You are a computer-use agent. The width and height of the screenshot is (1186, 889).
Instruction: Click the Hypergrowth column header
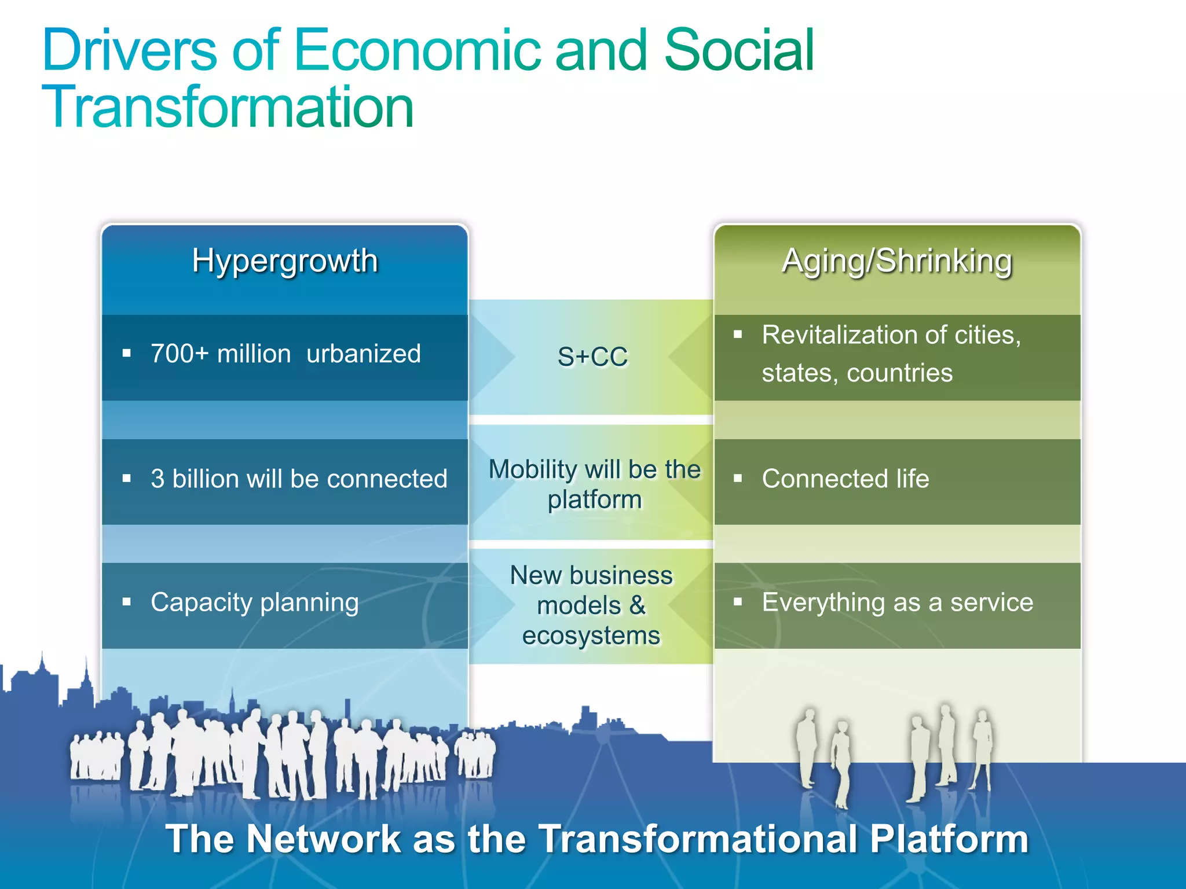[x=284, y=261]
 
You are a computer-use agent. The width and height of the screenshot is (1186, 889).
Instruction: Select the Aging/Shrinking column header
[x=897, y=261]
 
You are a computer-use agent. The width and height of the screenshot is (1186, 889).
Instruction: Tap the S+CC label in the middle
[x=592, y=357]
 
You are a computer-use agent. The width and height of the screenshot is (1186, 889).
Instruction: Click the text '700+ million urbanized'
[x=285, y=354]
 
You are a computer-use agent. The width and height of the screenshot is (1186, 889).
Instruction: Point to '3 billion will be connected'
[x=299, y=479]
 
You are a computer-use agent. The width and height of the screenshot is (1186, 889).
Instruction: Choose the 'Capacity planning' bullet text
[x=255, y=603]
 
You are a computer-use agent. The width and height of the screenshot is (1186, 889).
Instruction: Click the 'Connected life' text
[x=845, y=479]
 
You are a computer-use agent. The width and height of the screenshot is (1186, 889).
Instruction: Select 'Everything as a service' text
[x=898, y=603]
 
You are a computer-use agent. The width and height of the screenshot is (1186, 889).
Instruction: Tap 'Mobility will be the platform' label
[x=595, y=484]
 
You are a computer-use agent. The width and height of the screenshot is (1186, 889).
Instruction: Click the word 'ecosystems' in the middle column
[x=591, y=635]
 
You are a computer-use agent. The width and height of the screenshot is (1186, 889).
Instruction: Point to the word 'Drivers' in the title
[x=129, y=51]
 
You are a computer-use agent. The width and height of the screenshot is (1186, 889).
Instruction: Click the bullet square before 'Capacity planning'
[x=127, y=602]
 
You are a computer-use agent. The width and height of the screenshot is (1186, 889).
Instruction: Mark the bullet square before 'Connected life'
[x=738, y=478]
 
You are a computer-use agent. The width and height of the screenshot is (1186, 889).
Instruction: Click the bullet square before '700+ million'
[x=127, y=353]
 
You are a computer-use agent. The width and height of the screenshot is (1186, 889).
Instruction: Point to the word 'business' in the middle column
[x=621, y=575]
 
